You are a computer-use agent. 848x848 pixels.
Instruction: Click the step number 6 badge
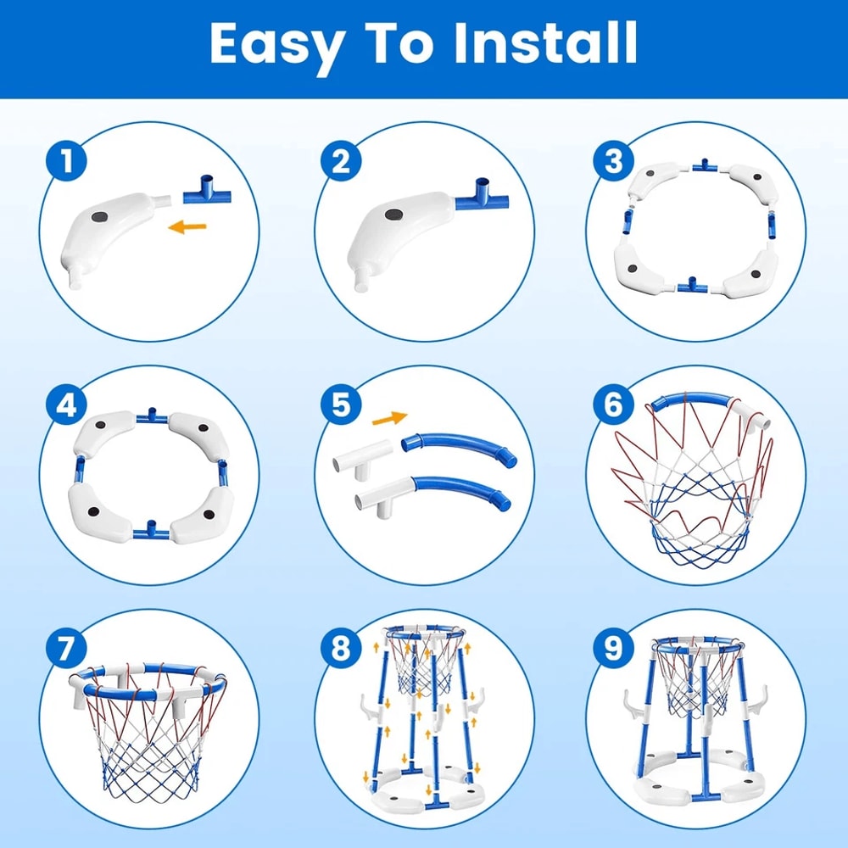pos(613,406)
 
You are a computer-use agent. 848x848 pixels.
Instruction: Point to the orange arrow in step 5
pos(389,418)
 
